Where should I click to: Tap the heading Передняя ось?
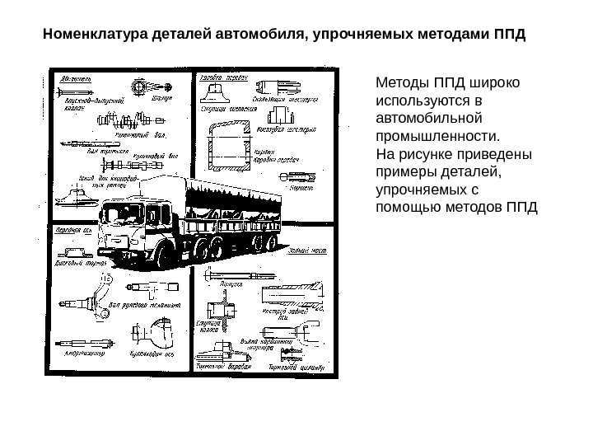pos(72,232)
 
